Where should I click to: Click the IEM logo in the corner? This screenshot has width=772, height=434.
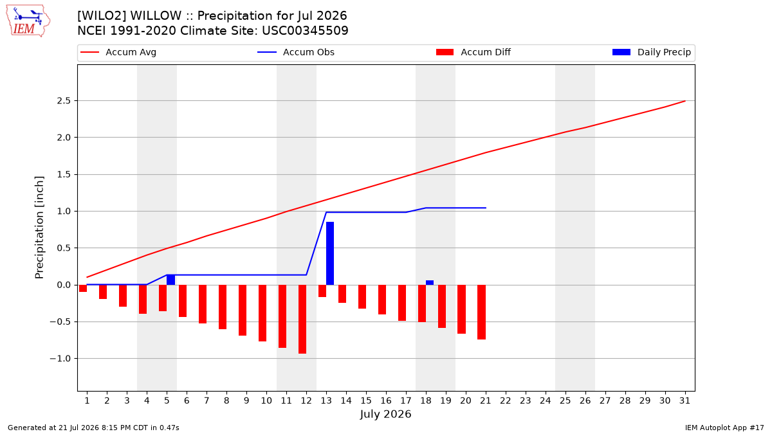tap(28, 21)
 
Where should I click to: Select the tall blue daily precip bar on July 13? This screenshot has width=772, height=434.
tap(330, 253)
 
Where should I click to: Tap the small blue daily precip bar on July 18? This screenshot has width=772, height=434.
tap(430, 282)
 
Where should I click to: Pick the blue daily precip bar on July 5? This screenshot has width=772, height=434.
tap(170, 280)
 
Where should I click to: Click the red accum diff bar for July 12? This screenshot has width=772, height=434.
tap(302, 319)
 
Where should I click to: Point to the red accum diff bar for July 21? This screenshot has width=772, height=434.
tap(481, 312)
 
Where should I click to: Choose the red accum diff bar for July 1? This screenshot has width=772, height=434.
tap(83, 288)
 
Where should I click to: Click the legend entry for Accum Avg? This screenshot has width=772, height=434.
tap(118, 52)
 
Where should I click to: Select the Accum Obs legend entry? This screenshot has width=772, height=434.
tap(296, 52)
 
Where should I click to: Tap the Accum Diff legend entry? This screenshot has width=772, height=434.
tap(473, 52)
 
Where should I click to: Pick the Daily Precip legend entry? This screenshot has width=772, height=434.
tap(652, 52)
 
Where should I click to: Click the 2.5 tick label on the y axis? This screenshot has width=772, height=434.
tap(64, 100)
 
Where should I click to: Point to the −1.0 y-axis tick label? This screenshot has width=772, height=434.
tap(60, 359)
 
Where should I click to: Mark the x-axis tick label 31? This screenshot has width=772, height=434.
tap(685, 401)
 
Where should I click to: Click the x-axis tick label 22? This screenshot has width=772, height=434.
tap(506, 401)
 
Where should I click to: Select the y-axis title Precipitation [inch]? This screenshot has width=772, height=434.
tap(39, 228)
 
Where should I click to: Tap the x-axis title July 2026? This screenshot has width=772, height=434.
tap(385, 414)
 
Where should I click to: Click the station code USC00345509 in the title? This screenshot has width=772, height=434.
tap(306, 31)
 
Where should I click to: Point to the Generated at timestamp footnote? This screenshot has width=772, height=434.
tap(93, 428)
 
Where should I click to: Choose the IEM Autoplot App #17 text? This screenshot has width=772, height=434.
tap(724, 428)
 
